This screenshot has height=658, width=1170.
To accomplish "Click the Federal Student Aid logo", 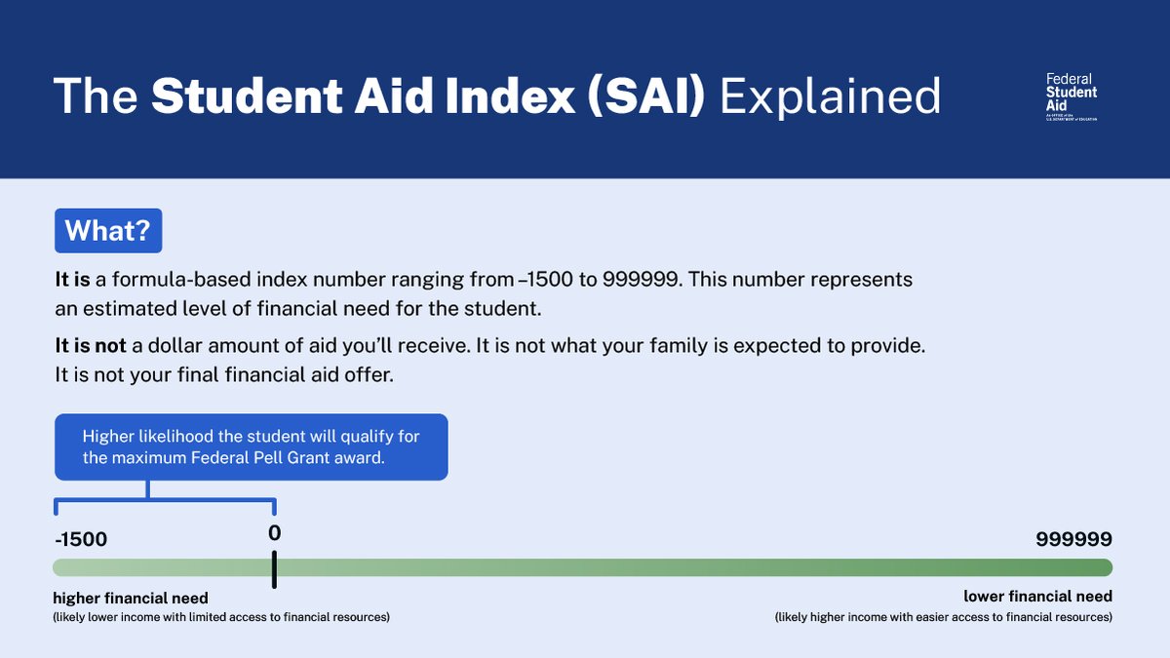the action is pos(1072,97).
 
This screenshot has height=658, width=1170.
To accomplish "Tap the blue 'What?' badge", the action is pos(108,231).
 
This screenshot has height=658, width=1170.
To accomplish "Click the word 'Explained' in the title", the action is pos(830,97).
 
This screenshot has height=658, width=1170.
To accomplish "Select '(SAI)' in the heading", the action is pos(646,97).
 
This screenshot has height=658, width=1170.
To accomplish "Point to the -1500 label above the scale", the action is pos(81,539).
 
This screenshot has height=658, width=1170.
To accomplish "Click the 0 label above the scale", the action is pos(274,532).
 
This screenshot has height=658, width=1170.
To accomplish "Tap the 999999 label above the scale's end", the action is pos(1073,539).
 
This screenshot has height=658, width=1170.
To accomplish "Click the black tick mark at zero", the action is pos(274,569).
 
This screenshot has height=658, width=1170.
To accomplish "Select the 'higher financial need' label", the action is pos(131,598).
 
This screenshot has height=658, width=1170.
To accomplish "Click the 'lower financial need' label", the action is pos(1037,597).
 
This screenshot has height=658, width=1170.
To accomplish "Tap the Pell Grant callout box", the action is pos(252,447).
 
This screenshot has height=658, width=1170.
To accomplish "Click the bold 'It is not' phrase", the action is pos(91,346).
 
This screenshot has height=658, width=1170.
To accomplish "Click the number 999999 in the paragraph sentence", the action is pos(642,280).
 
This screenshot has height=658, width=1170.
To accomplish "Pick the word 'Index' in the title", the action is pos(510,97).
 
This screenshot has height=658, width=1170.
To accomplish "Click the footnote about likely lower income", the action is pos(221,617).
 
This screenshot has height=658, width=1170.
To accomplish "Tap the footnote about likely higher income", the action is pos(944,617).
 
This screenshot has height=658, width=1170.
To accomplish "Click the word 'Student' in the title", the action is pos(247,97).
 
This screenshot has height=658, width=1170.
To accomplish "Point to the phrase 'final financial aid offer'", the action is pos(285,375).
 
